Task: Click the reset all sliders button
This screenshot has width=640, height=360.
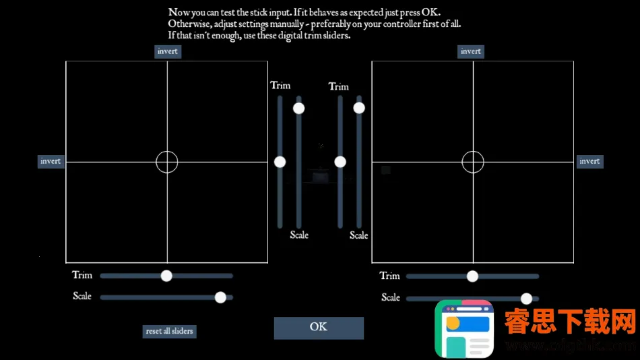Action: click(169, 331)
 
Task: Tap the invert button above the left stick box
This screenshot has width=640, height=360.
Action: click(168, 51)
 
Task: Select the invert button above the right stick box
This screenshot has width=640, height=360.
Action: click(471, 51)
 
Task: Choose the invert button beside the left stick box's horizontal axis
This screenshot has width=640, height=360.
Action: click(51, 161)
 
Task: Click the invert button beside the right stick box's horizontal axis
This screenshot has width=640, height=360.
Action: click(589, 161)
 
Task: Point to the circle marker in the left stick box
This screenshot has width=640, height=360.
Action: click(167, 162)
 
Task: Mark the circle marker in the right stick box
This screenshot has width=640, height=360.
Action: click(473, 162)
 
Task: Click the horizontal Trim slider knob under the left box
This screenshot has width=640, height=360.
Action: click(166, 276)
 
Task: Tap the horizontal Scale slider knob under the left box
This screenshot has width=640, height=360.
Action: click(220, 297)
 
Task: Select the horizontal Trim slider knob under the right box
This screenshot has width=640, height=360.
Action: click(472, 276)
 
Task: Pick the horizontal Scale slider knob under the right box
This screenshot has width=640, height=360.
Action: click(526, 298)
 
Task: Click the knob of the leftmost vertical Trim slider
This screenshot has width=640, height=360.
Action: click(280, 162)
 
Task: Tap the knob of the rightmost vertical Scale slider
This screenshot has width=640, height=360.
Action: click(359, 108)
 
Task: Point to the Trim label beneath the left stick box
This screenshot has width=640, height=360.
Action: click(82, 275)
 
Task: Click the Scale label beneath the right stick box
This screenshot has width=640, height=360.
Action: click(391, 297)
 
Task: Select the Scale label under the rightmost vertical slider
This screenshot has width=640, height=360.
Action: click(359, 235)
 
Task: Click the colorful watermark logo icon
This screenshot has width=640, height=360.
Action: click(464, 328)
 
